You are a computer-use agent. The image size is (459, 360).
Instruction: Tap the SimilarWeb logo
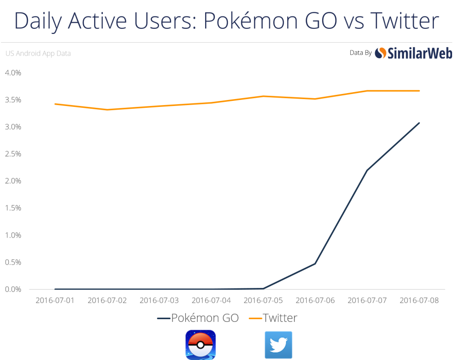[406, 53]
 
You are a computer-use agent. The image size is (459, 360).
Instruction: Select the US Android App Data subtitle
[38, 54]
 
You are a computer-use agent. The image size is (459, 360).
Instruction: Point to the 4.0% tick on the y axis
[14, 72]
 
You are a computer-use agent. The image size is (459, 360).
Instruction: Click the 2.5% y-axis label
[14, 154]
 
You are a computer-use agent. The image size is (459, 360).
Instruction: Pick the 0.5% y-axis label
[14, 262]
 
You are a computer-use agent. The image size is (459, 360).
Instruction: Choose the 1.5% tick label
[14, 208]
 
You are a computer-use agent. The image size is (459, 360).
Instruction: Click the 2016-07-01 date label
[55, 300]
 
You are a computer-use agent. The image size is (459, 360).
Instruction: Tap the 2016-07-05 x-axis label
[263, 300]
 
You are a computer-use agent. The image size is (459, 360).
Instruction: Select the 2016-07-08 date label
[419, 300]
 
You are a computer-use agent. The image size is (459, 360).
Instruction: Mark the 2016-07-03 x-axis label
[159, 300]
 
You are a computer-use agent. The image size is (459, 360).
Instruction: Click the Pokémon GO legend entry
[198, 318]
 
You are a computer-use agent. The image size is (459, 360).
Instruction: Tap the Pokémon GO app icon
[200, 345]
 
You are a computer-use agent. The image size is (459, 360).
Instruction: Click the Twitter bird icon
[278, 345]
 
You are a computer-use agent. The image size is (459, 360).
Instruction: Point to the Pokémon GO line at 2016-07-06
[315, 263]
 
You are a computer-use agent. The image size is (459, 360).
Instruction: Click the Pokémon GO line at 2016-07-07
[367, 170]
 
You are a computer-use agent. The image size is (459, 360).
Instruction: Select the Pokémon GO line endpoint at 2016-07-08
[419, 123]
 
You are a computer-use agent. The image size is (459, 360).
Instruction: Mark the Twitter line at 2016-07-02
[107, 109]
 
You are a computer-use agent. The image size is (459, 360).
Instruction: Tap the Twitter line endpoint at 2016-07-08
[419, 91]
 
